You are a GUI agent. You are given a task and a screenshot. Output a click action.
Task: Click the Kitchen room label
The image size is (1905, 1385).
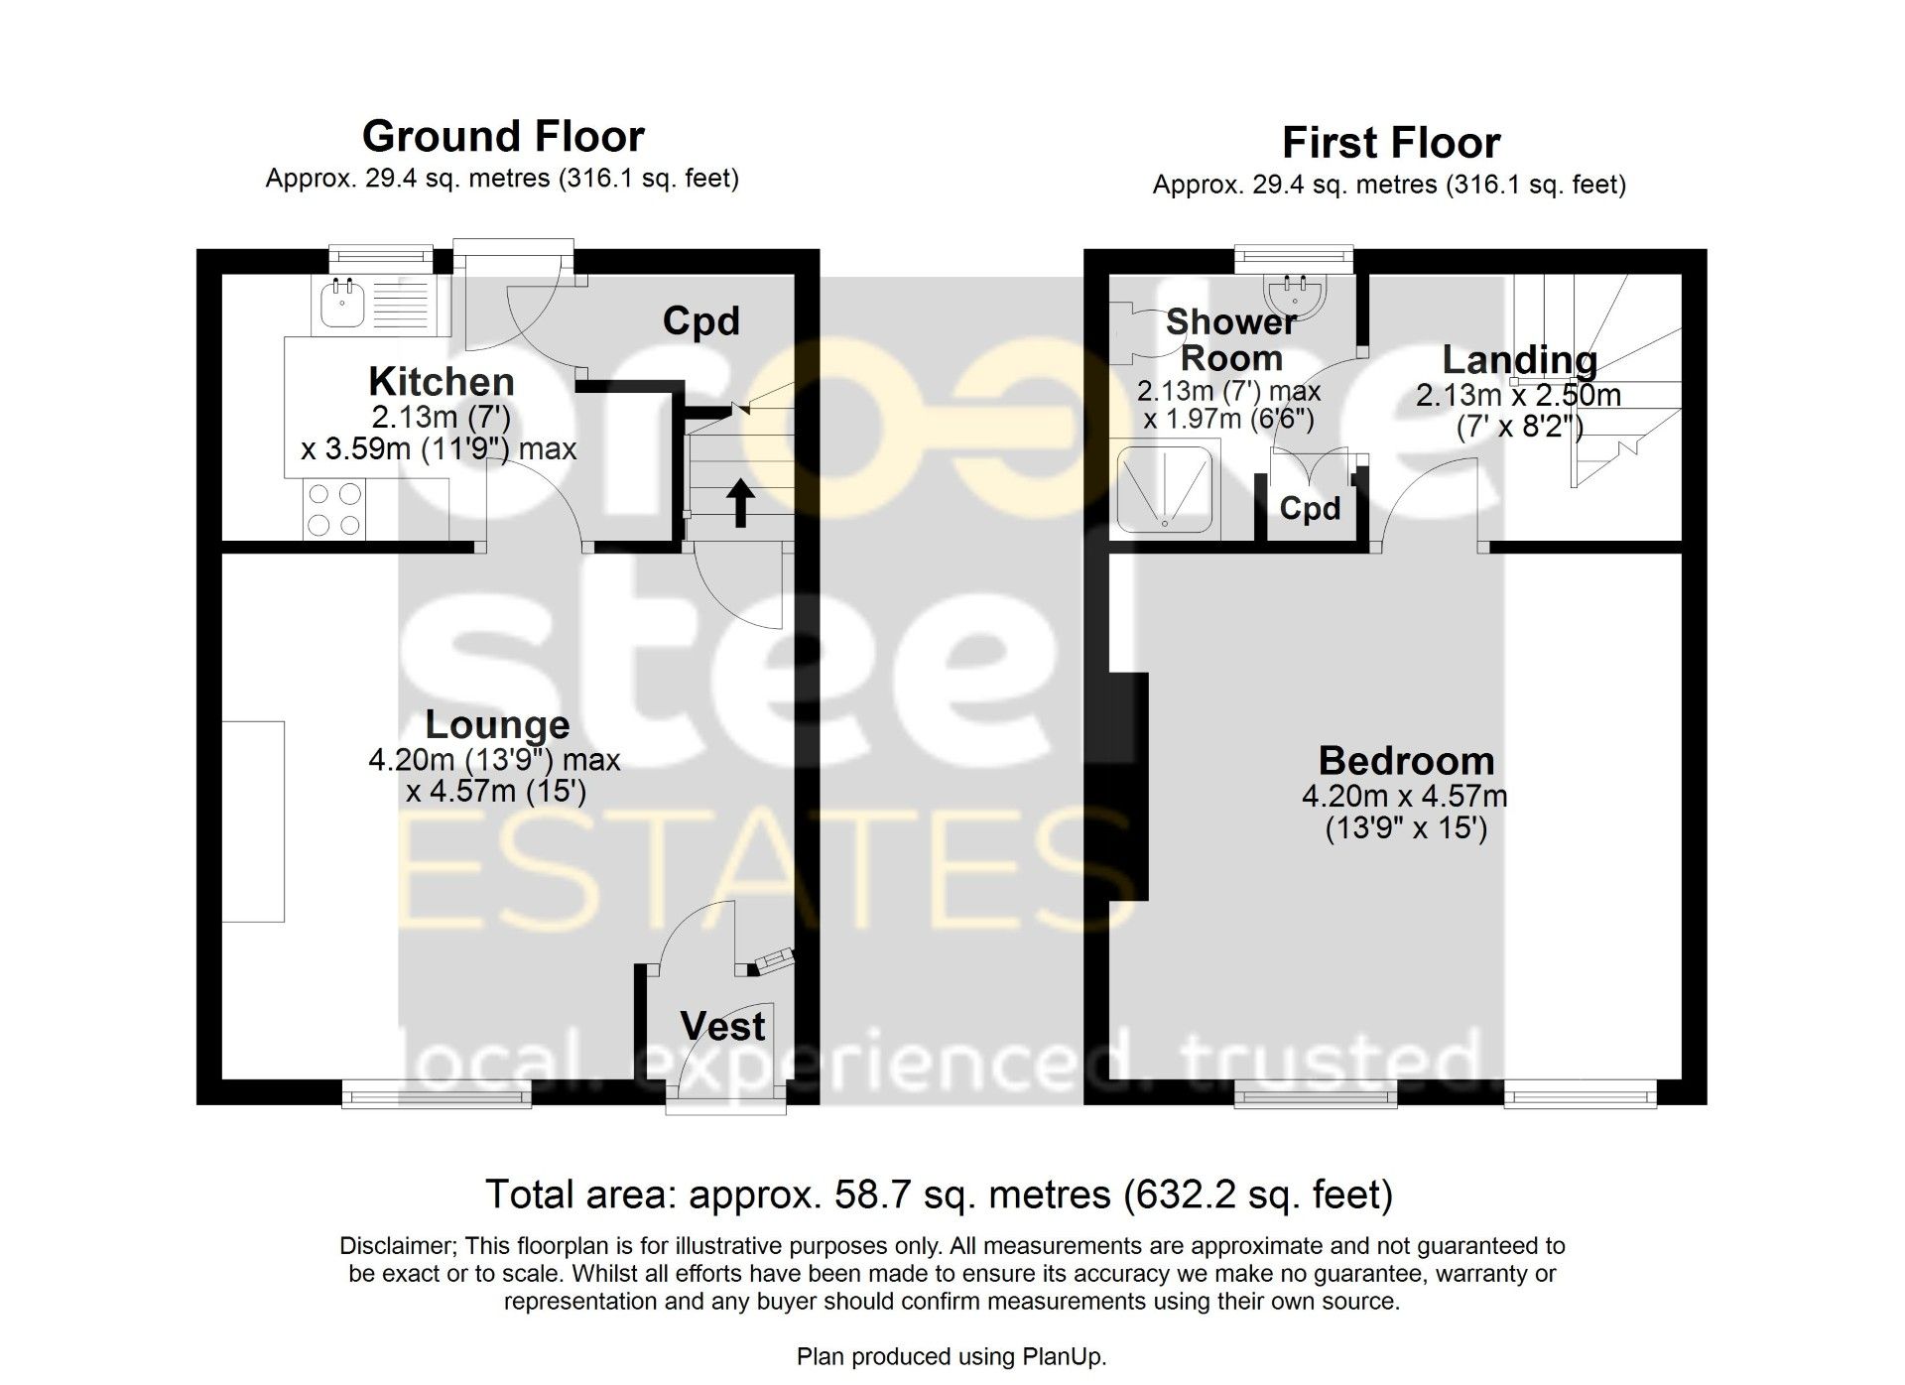click(442, 382)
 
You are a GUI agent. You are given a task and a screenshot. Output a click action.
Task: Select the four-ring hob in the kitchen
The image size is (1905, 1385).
click(334, 509)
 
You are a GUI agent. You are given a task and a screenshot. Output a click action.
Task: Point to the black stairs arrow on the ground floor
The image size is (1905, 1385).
click(740, 504)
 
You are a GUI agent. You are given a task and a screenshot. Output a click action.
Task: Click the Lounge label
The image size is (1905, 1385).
click(497, 725)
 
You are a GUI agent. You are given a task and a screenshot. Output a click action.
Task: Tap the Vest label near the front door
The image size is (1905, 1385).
click(723, 1027)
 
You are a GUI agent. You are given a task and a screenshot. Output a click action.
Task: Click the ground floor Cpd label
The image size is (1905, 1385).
click(701, 321)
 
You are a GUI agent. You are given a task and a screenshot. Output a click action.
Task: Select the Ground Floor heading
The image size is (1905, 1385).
click(503, 136)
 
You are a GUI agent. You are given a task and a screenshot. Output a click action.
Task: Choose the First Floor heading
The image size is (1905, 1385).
click(1391, 143)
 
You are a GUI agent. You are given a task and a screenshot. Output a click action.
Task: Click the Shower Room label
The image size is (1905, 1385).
click(1231, 339)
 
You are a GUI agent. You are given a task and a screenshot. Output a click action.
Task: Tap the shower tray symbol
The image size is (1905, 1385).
click(1164, 489)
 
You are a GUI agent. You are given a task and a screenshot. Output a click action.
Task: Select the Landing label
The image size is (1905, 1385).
click(1519, 360)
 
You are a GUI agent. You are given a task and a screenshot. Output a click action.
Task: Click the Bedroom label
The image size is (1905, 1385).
click(1406, 761)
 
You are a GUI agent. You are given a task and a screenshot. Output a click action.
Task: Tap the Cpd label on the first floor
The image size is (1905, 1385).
click(1310, 509)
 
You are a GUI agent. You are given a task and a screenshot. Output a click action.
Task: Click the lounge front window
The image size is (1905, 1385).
click(437, 1093)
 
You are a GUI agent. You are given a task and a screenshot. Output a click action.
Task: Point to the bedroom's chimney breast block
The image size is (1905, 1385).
click(1128, 786)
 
